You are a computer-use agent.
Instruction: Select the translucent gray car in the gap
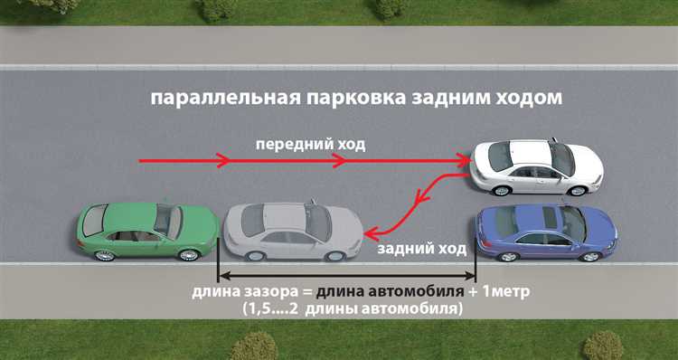tap(291, 231)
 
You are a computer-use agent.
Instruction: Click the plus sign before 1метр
tap(473, 293)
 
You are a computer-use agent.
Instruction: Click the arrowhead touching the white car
tap(465, 161)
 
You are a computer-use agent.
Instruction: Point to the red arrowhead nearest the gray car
tap(371, 232)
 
